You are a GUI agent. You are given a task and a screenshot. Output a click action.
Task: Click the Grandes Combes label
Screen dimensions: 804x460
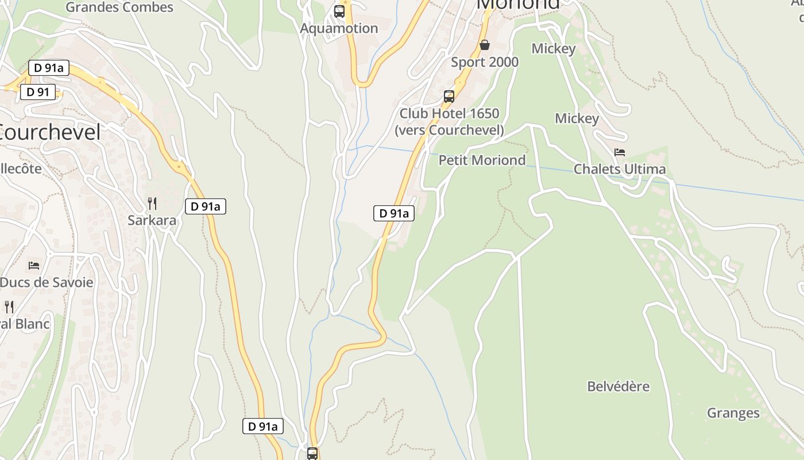coord(119,7)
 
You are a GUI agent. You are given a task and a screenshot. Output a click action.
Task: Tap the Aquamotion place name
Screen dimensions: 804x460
coord(339,28)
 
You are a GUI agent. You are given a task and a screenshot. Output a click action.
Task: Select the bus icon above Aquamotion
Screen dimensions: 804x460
coord(339,11)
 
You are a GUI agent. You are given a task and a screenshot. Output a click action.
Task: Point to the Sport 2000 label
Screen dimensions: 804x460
coord(485,62)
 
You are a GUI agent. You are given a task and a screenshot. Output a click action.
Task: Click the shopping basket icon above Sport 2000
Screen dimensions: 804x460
coord(485,45)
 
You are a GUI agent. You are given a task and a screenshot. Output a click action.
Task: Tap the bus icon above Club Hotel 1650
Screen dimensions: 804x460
coord(449,96)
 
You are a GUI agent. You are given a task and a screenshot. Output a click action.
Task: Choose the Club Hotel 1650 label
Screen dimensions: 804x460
coord(449,121)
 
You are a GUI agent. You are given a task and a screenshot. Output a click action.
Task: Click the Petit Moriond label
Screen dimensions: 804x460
coord(482,160)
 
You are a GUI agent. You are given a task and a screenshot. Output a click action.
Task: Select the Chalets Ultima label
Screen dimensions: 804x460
coord(620,169)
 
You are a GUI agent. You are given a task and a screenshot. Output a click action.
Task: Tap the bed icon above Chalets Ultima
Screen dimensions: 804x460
coord(620,152)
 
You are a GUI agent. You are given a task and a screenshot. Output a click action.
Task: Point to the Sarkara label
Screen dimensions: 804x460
coord(152,220)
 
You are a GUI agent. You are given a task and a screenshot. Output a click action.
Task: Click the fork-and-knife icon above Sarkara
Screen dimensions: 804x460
coord(152,203)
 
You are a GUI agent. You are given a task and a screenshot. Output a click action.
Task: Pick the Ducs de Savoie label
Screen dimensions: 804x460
coord(47,282)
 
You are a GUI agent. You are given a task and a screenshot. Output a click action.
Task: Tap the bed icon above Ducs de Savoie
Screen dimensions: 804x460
coord(34,265)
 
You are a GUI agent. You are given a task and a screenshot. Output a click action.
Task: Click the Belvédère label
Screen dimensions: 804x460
coord(618,386)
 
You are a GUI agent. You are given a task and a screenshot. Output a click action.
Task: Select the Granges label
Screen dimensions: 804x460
coord(733,413)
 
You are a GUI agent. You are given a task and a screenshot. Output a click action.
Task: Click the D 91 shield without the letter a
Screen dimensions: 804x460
coord(38,92)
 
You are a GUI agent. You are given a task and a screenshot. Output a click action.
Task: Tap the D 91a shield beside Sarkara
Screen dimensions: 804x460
coord(206,206)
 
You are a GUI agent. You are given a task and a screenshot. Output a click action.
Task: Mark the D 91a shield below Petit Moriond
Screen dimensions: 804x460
coord(394,213)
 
